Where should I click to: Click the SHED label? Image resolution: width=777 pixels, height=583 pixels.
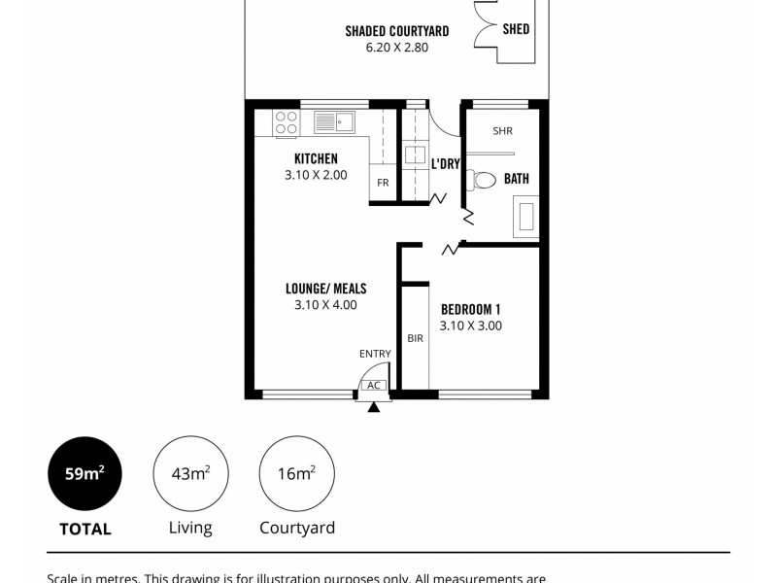[x=516, y=29]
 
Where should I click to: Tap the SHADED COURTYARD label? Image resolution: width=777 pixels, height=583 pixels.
[x=396, y=31]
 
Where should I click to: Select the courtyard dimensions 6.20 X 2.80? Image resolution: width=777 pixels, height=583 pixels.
[x=396, y=47]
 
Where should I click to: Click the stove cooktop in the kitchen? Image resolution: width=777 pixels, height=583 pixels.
[x=287, y=122]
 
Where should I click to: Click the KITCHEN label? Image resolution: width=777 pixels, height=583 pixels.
[x=316, y=158]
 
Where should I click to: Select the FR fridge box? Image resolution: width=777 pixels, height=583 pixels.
[x=383, y=183]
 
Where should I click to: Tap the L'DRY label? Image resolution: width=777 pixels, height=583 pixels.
[x=445, y=164]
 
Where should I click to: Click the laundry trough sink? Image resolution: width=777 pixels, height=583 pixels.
[x=416, y=154]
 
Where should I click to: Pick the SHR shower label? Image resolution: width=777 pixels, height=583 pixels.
[x=502, y=131]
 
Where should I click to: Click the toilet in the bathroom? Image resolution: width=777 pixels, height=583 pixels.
[x=480, y=179]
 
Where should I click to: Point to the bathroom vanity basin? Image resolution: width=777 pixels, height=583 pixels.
[x=527, y=215]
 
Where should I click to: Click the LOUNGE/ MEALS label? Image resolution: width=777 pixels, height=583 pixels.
[x=325, y=289]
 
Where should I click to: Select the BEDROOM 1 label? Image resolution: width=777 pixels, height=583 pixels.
[x=470, y=309]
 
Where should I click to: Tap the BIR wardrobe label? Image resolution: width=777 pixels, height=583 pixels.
[x=415, y=339]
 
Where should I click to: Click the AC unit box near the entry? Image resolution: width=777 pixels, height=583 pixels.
[x=374, y=386]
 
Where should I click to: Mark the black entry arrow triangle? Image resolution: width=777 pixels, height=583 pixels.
[x=374, y=406]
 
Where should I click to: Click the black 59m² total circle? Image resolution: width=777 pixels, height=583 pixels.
[x=86, y=474]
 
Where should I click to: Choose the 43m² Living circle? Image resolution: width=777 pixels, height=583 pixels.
[x=191, y=474]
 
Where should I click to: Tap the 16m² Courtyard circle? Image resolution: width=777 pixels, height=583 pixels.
[x=296, y=474]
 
